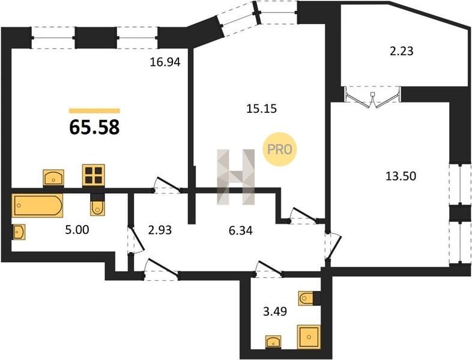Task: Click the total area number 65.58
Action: (x=94, y=127)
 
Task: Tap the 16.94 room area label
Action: (x=165, y=62)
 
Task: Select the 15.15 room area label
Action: (x=261, y=108)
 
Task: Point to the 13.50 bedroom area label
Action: (x=401, y=176)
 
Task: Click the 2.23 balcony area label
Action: (x=402, y=51)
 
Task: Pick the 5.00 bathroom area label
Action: (x=77, y=230)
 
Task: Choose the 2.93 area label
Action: (x=160, y=230)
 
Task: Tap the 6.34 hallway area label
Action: (x=241, y=231)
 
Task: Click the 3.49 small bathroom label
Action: (x=275, y=311)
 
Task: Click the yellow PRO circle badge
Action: (x=280, y=149)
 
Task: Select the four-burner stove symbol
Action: (x=94, y=175)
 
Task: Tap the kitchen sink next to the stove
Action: (x=53, y=178)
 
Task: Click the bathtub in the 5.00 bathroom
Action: (x=37, y=205)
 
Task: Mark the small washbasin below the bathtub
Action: (x=19, y=232)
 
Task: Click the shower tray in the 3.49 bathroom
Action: (x=309, y=337)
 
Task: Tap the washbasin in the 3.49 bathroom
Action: (x=273, y=342)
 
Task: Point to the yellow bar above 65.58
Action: (x=94, y=110)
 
